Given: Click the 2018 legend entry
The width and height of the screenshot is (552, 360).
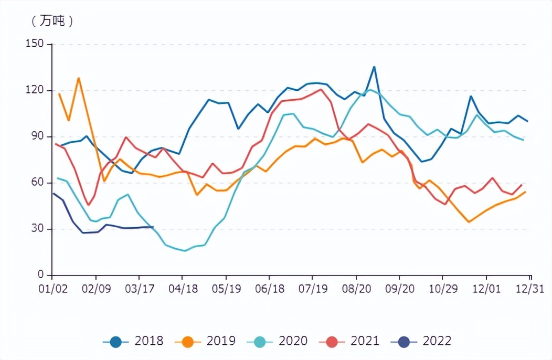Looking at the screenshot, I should click(133, 341).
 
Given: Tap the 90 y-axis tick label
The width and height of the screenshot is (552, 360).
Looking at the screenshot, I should click(38, 137).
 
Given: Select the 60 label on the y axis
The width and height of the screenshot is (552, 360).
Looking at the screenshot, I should click(38, 183).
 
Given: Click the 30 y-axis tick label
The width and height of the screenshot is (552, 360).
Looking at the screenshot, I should click(38, 229).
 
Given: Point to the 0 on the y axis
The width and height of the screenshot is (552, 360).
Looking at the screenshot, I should click(41, 275).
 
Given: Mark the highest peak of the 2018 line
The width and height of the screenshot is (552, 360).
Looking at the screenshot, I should click(374, 67).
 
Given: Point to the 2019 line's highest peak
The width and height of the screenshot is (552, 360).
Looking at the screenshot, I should click(78, 78).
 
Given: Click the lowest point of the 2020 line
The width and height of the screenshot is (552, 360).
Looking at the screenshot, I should click(185, 251).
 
